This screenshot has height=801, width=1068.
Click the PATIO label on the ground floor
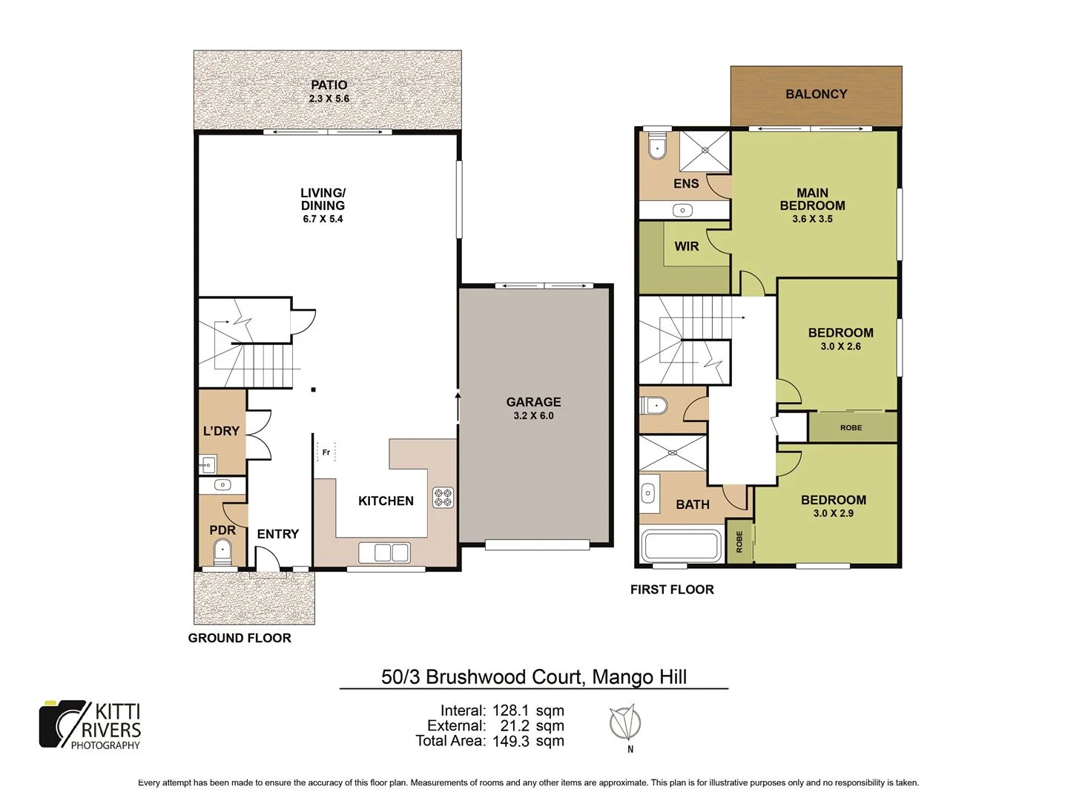(x=329, y=85)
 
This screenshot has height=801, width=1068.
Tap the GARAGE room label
(x=533, y=401)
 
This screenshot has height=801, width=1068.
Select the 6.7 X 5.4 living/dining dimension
(x=323, y=219)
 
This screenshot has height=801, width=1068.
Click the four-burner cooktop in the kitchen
(x=443, y=497)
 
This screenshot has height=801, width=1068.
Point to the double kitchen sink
(x=383, y=553)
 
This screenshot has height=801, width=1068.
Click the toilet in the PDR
(x=222, y=551)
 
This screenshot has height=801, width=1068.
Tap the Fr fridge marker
(x=326, y=452)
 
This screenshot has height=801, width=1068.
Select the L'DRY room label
(x=221, y=431)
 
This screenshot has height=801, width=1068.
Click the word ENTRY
(x=277, y=534)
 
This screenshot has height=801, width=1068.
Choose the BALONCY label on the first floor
(x=816, y=94)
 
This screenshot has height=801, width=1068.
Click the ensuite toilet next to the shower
(x=657, y=146)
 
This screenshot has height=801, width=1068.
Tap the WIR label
(x=686, y=246)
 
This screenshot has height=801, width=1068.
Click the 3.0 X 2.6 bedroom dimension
(x=840, y=346)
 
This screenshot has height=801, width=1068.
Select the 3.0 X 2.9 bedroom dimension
(x=833, y=513)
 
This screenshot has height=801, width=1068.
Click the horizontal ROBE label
(x=851, y=427)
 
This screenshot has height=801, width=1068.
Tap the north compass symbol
(x=624, y=723)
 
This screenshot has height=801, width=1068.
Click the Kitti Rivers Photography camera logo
(x=63, y=724)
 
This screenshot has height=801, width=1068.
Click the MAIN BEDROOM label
(x=812, y=199)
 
